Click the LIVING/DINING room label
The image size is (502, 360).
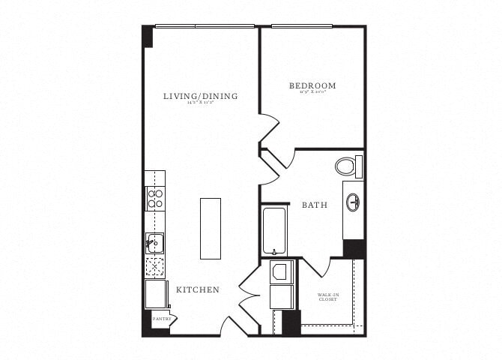[201, 96]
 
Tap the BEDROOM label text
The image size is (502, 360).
[312, 85]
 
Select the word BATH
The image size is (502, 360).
[315, 204]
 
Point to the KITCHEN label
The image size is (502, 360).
[198, 289]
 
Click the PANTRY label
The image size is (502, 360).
[162, 319]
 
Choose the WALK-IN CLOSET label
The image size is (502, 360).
[327, 297]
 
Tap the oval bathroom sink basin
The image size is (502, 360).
[353, 202]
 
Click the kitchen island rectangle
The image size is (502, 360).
[211, 228]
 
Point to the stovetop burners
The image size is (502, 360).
[155, 198]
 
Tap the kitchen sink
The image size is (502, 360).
[155, 242]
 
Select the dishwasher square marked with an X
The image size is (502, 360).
[155, 266]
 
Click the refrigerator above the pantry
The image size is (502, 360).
[157, 293]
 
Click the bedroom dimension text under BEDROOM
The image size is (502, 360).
[312, 94]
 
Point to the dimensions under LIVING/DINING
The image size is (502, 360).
[201, 104]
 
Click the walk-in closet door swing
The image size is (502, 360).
[315, 265]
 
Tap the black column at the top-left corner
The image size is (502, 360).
[148, 36]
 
